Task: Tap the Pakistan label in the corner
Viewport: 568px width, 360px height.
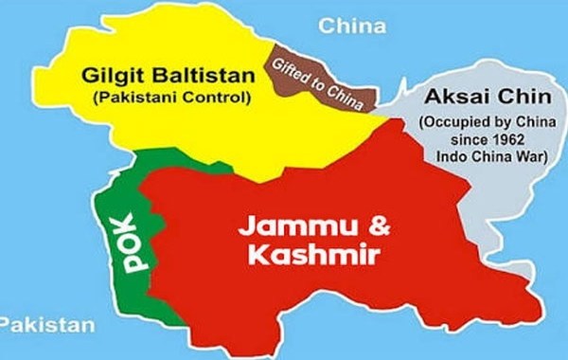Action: [47, 325]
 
